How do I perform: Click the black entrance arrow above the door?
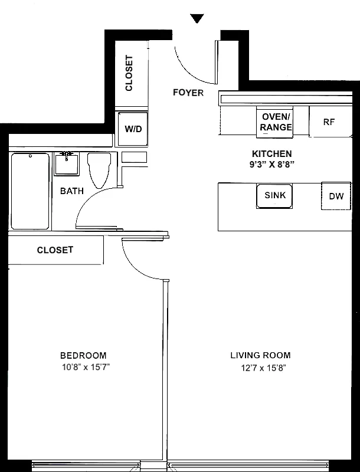198,19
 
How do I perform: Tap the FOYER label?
188,93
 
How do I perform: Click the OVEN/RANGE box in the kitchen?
276,122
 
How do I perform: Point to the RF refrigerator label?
329,122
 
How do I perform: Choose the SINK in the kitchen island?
275,195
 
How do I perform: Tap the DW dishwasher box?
336,196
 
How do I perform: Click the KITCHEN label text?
271,153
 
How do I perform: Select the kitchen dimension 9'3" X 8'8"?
271,165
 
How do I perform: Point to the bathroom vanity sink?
67,163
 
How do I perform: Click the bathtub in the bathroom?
30,191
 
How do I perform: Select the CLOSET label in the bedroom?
55,250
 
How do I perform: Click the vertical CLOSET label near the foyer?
129,73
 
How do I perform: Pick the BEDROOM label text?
83,355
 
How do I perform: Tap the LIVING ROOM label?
260,355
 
